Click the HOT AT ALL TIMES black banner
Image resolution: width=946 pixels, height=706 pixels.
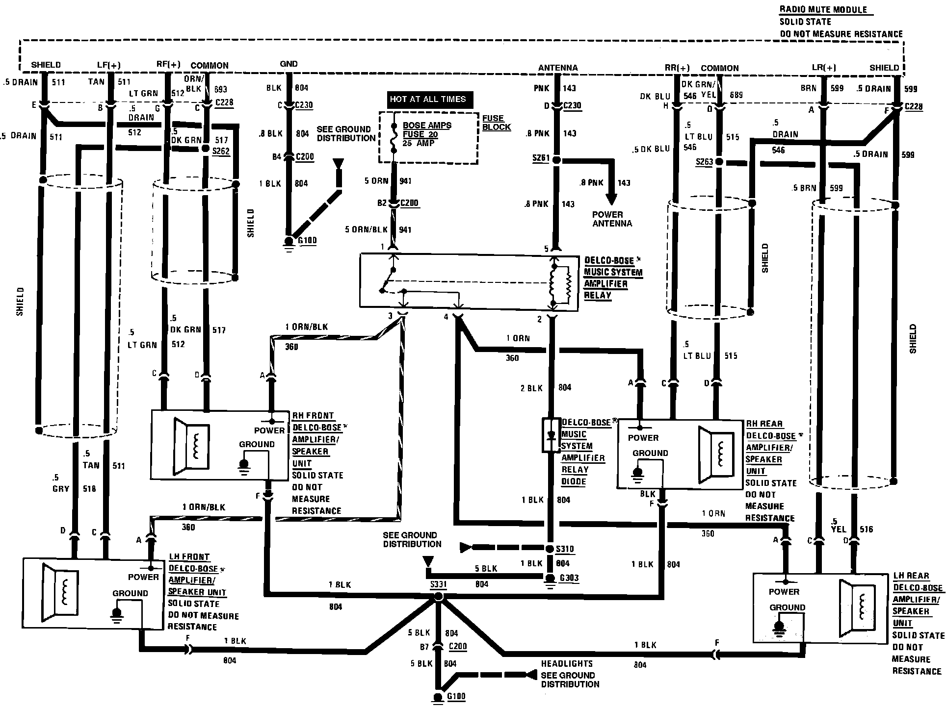pos(427,100)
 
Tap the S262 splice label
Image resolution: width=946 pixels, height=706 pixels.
pos(221,151)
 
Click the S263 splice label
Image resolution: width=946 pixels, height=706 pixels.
pos(704,162)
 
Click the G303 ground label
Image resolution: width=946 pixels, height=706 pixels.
pos(569,578)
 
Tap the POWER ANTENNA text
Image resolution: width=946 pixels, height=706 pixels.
pos(612,219)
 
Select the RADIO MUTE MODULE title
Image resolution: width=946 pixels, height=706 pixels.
pos(823,10)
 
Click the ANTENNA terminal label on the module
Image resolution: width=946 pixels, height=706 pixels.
pos(558,68)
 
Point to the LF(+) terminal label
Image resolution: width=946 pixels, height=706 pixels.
pos(108,65)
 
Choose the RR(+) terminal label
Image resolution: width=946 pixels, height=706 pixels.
pos(677,68)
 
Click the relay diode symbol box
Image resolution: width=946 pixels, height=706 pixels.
pos(551,435)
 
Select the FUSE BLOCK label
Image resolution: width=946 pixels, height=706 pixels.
pos(496,123)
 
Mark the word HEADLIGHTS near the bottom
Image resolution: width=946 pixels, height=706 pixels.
pos(567,664)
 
